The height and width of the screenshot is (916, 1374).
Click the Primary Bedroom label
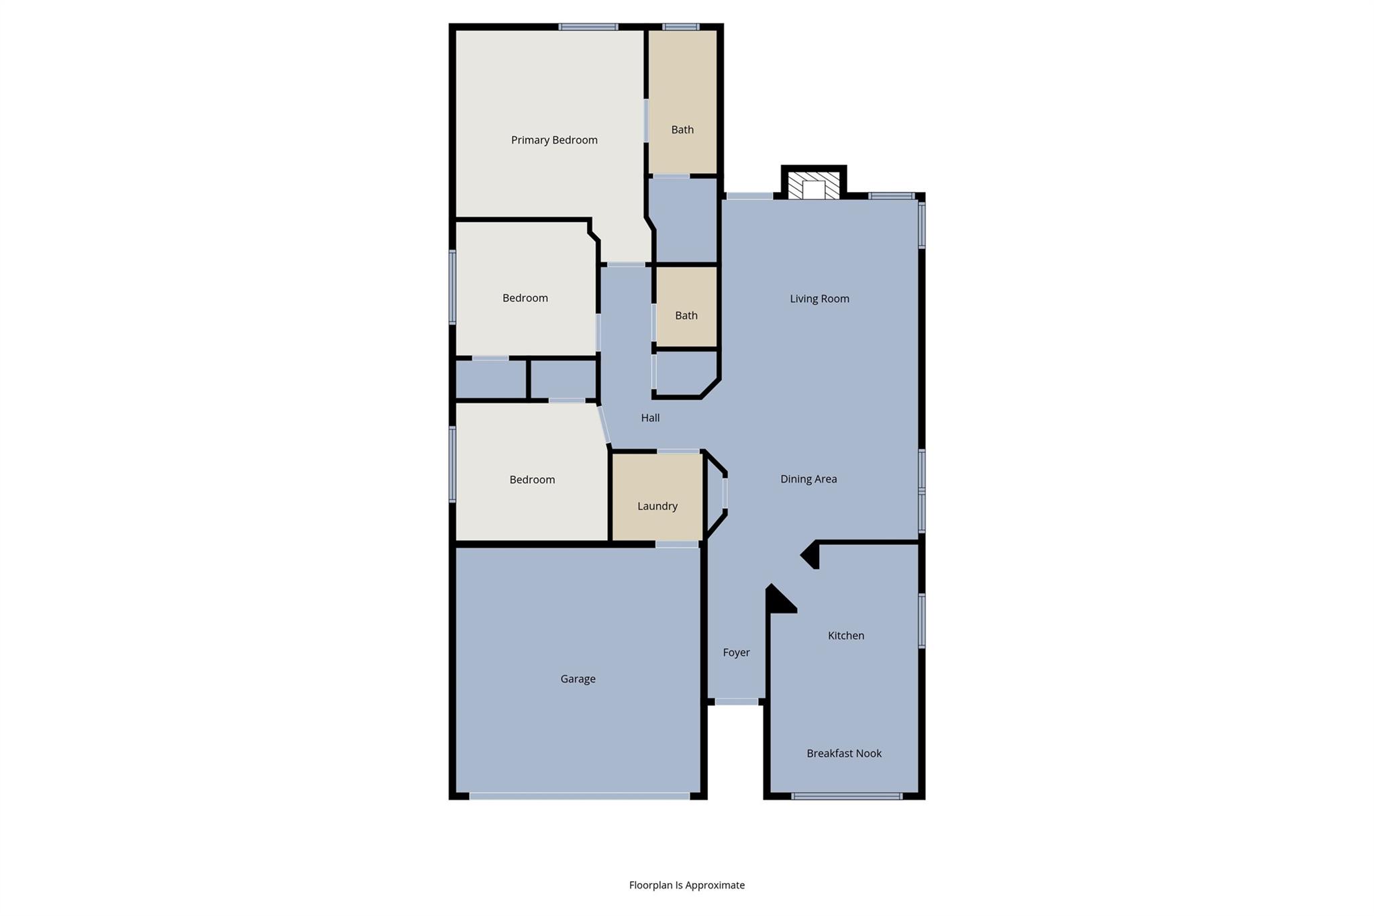point(554,140)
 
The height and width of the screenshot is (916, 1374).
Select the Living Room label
point(819,299)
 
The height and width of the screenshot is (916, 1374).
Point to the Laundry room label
point(657,506)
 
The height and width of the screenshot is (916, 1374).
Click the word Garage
point(578,678)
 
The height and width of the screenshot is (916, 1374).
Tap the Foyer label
point(736,652)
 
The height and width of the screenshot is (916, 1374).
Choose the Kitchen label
point(845,635)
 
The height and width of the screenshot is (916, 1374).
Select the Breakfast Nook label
point(844,753)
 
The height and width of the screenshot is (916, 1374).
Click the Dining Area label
point(808,478)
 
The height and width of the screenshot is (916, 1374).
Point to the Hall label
point(650,417)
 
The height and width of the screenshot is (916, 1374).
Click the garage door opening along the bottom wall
point(579,796)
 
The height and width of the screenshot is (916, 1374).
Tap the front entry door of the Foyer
point(736,701)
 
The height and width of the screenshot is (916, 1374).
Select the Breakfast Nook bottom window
point(846,796)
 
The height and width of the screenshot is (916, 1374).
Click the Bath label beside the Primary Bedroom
point(682,130)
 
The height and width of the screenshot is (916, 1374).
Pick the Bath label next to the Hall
point(686,315)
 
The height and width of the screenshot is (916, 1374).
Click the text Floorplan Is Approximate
point(686,885)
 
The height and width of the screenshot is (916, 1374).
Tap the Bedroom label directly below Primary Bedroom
point(525,298)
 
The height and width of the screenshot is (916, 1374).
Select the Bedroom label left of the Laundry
point(532,479)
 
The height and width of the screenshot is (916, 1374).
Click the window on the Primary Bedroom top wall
point(588,27)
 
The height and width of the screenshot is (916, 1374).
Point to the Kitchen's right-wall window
point(921,621)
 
